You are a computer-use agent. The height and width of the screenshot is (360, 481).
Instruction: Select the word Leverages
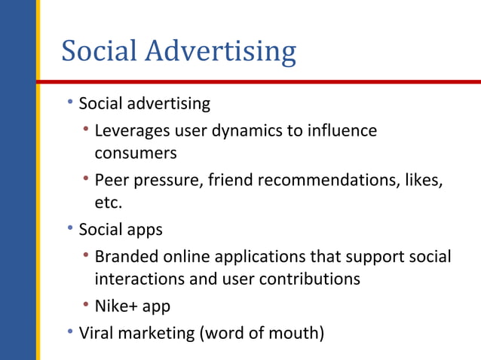point(132,130)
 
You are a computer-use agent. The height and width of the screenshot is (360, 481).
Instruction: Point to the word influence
point(342,130)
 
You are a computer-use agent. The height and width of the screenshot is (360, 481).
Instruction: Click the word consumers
point(135,154)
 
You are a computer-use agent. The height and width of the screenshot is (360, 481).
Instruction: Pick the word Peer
point(111,181)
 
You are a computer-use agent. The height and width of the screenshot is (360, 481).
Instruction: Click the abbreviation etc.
point(108,203)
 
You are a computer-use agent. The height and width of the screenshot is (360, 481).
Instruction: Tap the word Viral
point(96,331)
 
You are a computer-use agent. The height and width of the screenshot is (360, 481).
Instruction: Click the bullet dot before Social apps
point(70,227)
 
